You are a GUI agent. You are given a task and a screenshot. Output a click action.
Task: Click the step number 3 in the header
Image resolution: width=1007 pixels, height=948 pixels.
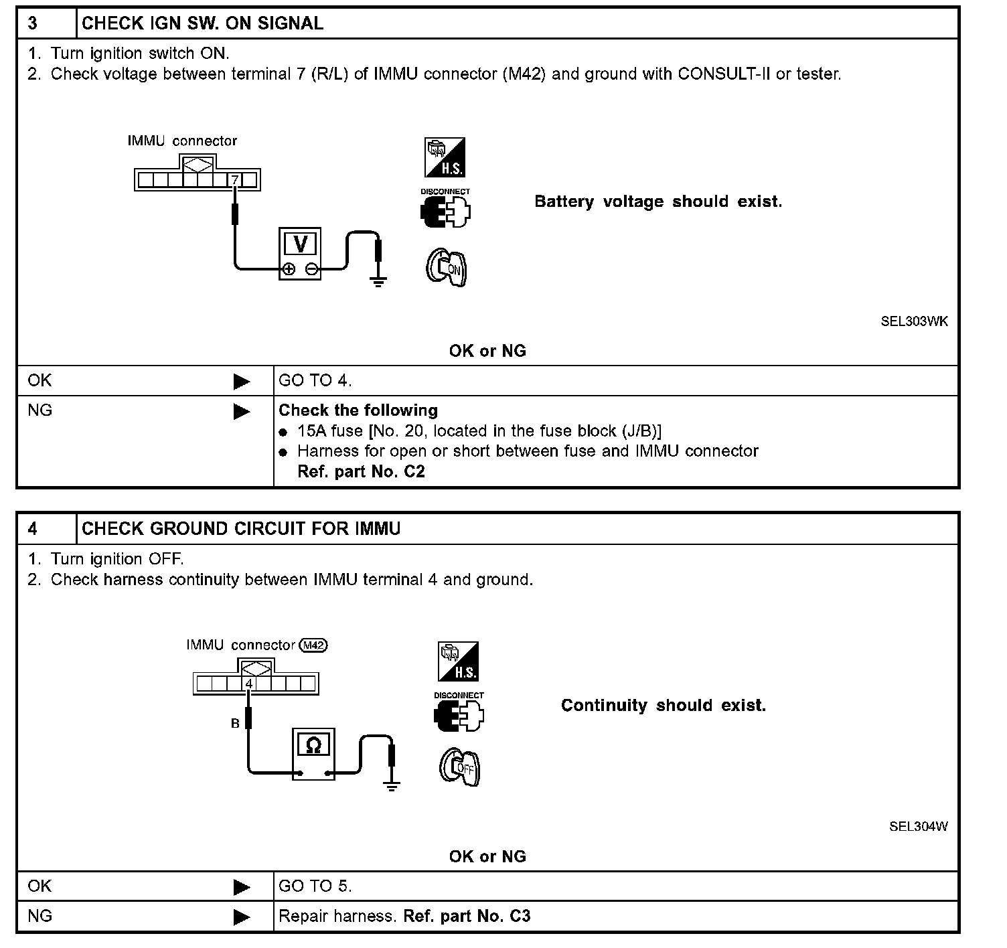pos(33,23)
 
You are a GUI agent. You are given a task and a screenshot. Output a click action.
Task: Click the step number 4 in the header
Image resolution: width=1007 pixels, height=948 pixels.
pos(33,529)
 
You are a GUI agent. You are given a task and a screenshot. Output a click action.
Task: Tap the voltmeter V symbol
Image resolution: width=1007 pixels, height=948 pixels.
pos(300,244)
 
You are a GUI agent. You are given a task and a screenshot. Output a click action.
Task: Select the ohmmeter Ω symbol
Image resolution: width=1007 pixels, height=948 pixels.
pos(313,745)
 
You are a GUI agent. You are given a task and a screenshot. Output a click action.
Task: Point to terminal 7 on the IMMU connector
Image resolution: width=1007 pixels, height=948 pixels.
pos(235,180)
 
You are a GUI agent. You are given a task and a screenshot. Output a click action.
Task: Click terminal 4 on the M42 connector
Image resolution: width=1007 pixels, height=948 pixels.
pos(248,684)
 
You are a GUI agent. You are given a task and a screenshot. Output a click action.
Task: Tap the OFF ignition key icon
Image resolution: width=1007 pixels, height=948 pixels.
pos(460,767)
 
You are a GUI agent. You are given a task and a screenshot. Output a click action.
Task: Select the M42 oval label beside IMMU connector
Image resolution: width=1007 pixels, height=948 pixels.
pos(313,645)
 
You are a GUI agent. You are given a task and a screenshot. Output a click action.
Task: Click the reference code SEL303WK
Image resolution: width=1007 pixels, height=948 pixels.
pos(914,321)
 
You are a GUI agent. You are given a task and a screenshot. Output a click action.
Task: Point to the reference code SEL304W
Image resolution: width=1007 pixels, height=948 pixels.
pos(918,826)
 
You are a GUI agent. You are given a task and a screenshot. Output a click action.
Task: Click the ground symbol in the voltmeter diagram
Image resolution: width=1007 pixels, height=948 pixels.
pos(378,281)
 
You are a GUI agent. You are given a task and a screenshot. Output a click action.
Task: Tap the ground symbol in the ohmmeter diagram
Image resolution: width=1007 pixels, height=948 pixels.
pos(392,785)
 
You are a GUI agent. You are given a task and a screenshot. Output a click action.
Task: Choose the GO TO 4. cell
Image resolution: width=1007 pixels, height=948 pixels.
pos(315,381)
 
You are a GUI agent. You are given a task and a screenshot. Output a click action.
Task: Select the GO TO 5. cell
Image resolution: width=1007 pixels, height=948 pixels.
pos(315,886)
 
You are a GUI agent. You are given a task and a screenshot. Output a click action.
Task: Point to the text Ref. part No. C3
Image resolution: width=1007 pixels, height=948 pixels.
pos(467,916)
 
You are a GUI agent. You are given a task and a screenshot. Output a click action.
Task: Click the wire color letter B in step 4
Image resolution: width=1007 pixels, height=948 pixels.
pos(235,724)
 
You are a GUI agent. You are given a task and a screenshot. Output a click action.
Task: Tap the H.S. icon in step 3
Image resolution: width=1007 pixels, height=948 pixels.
pos(445,158)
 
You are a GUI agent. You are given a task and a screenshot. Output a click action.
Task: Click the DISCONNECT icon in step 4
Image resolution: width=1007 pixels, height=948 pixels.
pos(459,713)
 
